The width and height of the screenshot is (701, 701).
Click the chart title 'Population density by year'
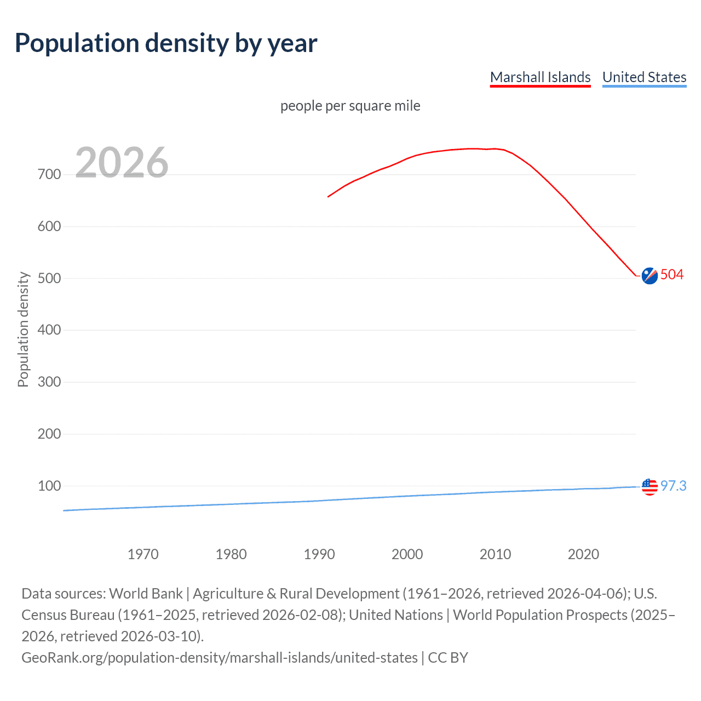[x=166, y=43]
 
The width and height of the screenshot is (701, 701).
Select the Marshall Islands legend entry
[x=540, y=77]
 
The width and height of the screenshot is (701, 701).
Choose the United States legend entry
[x=644, y=77]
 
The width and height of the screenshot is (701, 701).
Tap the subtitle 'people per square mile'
[x=350, y=106]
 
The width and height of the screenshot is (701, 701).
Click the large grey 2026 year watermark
[x=122, y=163]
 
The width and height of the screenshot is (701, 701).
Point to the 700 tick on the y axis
[x=49, y=175]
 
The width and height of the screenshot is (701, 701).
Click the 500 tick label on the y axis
[x=49, y=278]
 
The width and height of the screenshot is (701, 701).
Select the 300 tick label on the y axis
[x=49, y=382]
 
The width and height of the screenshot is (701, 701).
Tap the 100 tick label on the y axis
[x=49, y=486]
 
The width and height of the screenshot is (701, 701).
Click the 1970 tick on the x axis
[x=143, y=554]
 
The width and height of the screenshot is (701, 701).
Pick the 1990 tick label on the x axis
[x=319, y=554]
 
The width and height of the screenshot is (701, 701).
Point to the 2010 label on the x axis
[x=495, y=554]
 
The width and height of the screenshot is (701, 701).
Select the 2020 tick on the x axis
[x=583, y=554]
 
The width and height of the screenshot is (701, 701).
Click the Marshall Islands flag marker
[x=650, y=276]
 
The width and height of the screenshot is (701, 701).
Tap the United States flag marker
[x=650, y=486]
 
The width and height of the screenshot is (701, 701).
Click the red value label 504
[x=672, y=274]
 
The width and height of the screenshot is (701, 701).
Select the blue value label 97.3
[x=673, y=486]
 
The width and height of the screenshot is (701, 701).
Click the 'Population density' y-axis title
[x=23, y=330]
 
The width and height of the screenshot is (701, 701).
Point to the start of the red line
[x=328, y=197]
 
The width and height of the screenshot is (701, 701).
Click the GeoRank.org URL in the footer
[x=219, y=657]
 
